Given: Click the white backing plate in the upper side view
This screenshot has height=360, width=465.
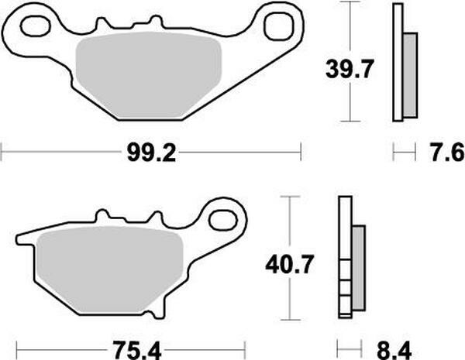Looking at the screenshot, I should tap(398, 62).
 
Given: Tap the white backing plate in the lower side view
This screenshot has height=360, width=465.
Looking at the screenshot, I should tap(344, 259).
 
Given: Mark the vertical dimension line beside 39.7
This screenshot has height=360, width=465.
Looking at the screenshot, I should tap(352, 62).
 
